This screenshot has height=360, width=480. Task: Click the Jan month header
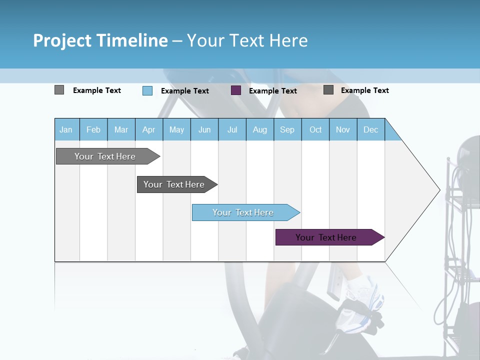[66, 129]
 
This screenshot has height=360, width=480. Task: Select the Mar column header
[121, 129]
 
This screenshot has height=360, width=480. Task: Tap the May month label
[176, 129]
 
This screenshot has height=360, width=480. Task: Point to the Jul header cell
[232, 129]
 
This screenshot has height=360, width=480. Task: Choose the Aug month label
[259, 129]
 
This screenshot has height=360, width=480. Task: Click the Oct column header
[315, 129]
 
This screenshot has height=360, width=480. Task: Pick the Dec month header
[370, 129]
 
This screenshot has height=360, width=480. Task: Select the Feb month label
[93, 129]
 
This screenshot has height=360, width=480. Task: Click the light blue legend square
[147, 90]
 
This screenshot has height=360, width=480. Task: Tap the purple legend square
[236, 90]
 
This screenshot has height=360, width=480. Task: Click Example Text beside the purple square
[272, 91]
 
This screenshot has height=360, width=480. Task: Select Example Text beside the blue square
[184, 91]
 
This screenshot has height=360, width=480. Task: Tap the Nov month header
[343, 129]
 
